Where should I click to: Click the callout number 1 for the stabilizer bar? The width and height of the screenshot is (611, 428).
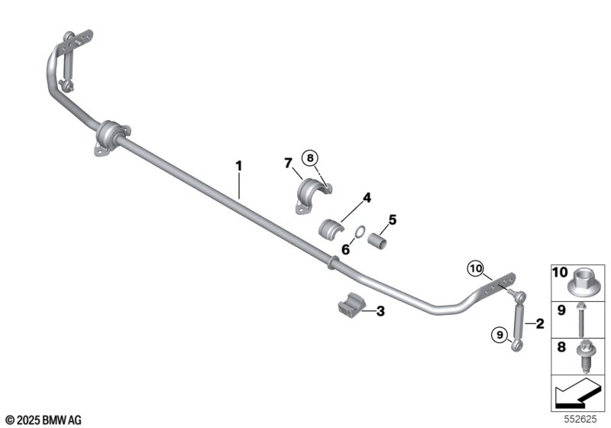[x=238, y=164]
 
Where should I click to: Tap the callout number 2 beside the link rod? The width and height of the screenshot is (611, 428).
[x=541, y=324]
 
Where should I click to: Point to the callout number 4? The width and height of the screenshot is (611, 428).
[x=367, y=197]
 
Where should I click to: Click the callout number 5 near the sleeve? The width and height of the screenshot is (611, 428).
[x=393, y=220]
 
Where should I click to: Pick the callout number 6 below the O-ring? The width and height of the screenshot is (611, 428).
[x=345, y=248]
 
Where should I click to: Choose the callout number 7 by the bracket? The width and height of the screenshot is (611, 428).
[x=288, y=163]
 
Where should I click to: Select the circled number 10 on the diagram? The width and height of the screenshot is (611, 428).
[x=477, y=267]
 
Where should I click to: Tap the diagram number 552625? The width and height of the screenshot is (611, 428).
[x=587, y=419]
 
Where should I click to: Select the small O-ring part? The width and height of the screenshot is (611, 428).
[x=357, y=231]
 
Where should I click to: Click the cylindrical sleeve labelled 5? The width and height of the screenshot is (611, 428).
[x=380, y=240]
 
